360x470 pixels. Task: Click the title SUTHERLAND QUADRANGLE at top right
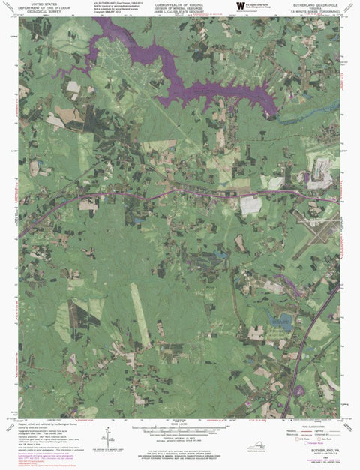(309, 4)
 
